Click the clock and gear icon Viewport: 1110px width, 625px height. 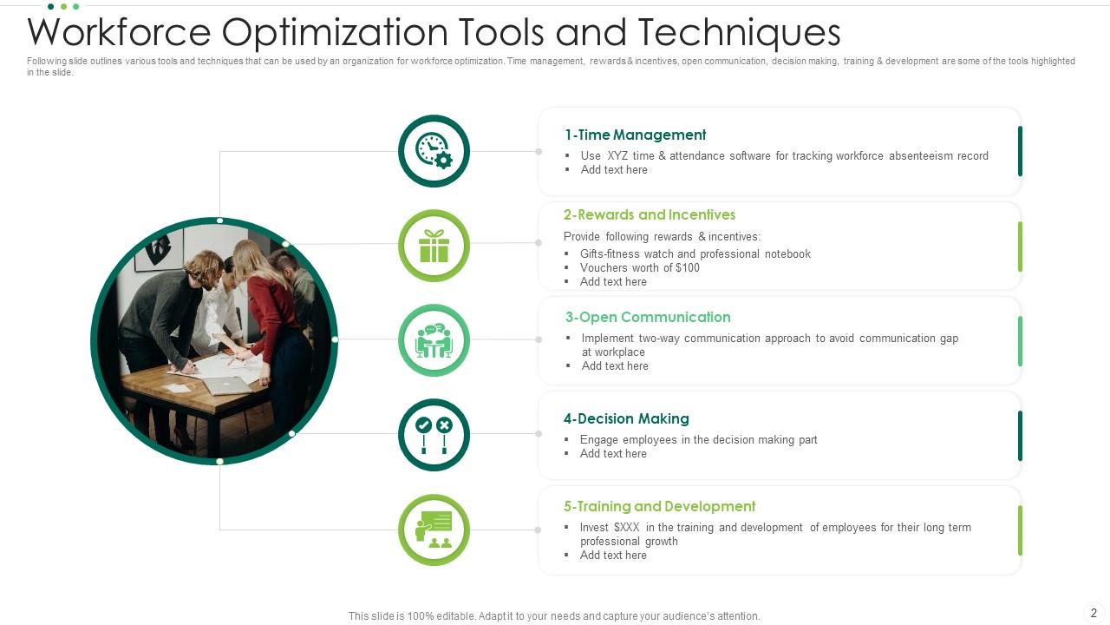click(434, 151)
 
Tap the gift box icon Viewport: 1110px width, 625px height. click(434, 246)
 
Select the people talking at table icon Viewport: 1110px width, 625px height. click(434, 340)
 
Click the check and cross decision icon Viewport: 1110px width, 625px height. click(434, 435)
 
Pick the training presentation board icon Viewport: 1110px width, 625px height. click(434, 530)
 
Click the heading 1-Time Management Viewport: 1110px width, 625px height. click(635, 135)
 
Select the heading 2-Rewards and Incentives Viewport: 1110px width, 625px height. click(649, 214)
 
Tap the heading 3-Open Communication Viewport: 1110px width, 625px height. click(648, 317)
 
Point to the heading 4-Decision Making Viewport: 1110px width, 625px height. click(626, 418)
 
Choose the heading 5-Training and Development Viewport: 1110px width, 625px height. click(659, 506)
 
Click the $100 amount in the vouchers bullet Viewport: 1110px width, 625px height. click(687, 267)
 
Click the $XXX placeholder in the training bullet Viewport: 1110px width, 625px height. click(626, 527)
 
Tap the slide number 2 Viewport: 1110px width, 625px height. click(1094, 613)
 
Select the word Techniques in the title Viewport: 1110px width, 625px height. click(739, 32)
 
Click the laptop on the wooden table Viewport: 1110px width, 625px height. click(227, 385)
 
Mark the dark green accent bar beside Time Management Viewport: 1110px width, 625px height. click(1020, 151)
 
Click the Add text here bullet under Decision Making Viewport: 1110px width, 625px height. click(613, 453)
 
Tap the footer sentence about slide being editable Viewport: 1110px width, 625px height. click(554, 616)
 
